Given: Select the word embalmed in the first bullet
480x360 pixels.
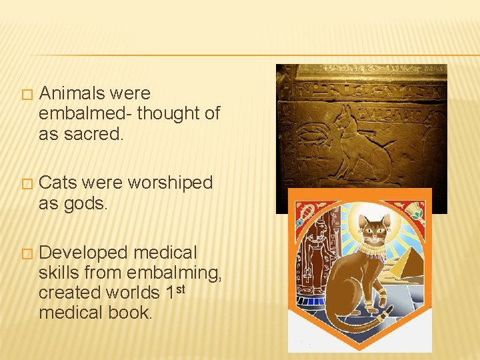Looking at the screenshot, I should [85, 114].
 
